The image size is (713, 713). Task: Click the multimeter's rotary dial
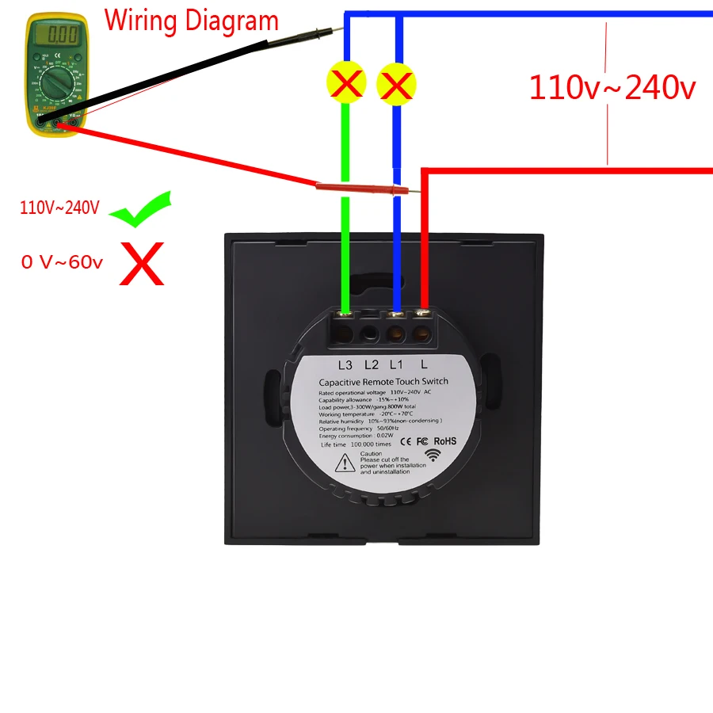click(x=56, y=83)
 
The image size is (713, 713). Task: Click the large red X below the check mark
click(x=142, y=264)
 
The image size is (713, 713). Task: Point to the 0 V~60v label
click(x=62, y=262)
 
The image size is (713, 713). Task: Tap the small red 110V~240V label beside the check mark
click(x=60, y=208)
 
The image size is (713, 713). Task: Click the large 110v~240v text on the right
click(x=612, y=87)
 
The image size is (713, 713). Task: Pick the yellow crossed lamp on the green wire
click(x=346, y=83)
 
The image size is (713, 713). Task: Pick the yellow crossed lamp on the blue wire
click(x=396, y=83)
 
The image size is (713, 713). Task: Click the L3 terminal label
click(x=345, y=364)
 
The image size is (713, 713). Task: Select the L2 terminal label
click(x=371, y=364)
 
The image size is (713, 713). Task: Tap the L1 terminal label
click(x=396, y=364)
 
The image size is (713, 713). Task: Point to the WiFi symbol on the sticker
click(x=433, y=456)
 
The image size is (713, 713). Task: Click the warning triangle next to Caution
click(x=345, y=464)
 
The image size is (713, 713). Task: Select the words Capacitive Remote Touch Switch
click(x=383, y=381)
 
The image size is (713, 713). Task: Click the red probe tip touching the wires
click(x=405, y=190)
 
